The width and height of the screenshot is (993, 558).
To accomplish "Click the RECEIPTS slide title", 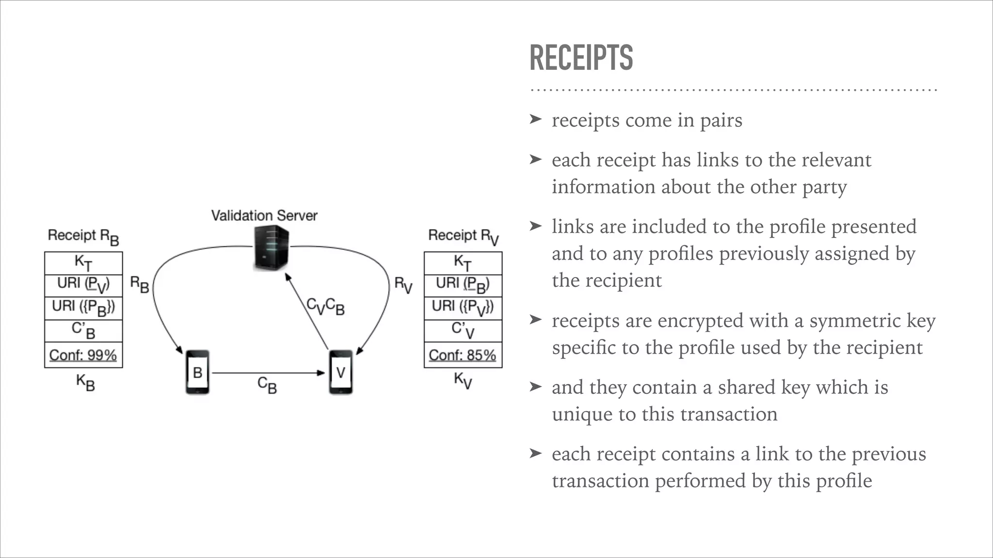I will [581, 58].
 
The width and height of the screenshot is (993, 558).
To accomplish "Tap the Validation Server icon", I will [271, 248].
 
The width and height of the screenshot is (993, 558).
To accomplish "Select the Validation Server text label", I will [264, 216].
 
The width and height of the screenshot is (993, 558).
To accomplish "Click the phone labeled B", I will [197, 372].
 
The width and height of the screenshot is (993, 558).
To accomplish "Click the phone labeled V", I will [340, 372].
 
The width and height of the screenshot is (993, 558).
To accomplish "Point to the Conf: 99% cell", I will [83, 355].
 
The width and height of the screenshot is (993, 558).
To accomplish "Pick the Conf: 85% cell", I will [463, 355].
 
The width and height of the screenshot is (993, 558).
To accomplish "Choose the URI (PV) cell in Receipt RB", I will [83, 285].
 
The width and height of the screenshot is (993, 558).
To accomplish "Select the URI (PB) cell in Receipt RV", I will [463, 285].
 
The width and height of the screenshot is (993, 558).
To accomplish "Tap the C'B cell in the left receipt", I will [83, 330].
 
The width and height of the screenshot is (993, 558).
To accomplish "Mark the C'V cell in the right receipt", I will [463, 330].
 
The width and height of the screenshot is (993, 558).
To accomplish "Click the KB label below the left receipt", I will [85, 382].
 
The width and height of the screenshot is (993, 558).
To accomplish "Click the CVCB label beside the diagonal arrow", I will [325, 306].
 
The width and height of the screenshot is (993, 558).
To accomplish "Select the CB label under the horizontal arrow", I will [267, 385].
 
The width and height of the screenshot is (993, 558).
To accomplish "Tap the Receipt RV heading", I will [463, 236].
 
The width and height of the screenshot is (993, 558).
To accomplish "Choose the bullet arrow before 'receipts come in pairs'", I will [535, 119].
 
